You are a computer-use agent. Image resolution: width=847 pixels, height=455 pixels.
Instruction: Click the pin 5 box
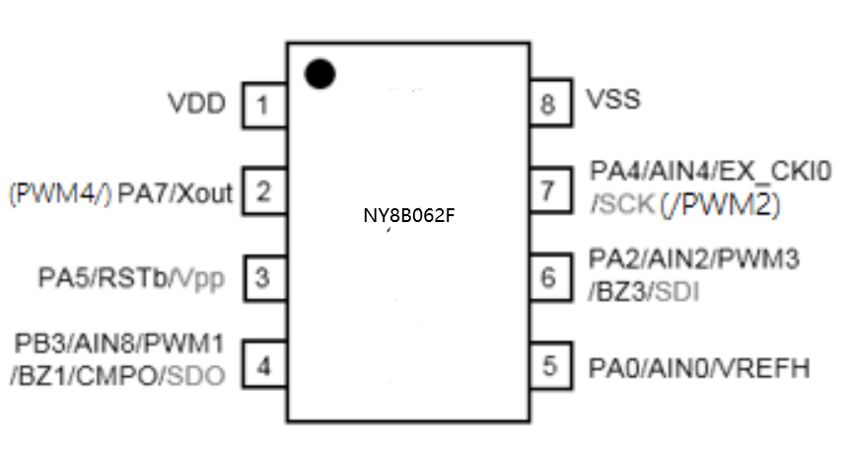tap(549, 365)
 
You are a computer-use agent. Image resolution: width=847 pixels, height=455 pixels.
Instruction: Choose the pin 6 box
tap(549, 277)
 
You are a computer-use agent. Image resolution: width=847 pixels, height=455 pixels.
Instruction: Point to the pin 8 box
tap(549, 104)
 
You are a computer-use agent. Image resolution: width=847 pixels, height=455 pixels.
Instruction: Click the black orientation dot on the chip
tap(319, 73)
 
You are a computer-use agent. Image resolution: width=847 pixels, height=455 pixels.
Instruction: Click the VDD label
tap(196, 103)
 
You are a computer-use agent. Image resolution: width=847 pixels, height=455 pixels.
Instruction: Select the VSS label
tap(613, 100)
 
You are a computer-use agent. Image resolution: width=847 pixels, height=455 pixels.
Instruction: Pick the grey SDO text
tap(196, 376)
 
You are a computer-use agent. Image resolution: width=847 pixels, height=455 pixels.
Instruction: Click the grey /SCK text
tap(615, 204)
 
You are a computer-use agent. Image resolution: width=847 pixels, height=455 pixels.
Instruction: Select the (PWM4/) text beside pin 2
tap(58, 192)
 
